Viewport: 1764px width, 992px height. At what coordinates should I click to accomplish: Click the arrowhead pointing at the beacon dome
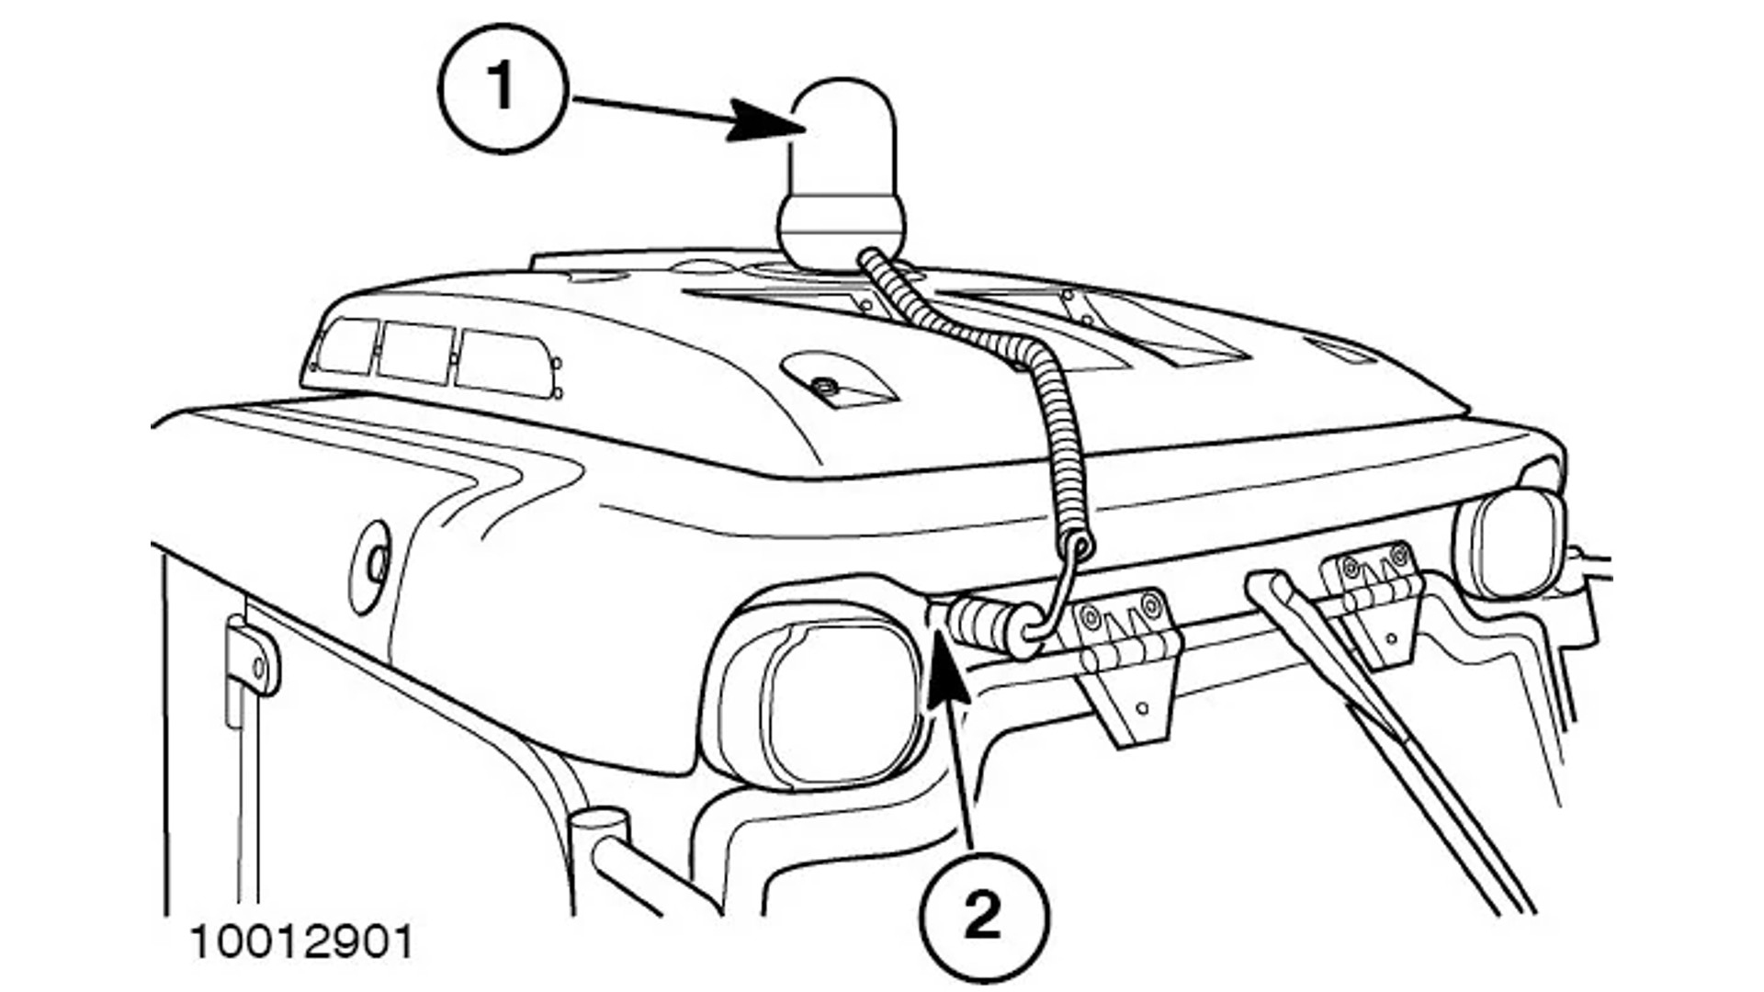coord(763,121)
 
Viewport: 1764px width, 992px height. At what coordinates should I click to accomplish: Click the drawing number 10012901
coord(302,943)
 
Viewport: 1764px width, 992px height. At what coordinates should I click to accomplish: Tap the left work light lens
coord(831,703)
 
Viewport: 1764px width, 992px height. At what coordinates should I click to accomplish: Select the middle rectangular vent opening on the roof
coord(415,352)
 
